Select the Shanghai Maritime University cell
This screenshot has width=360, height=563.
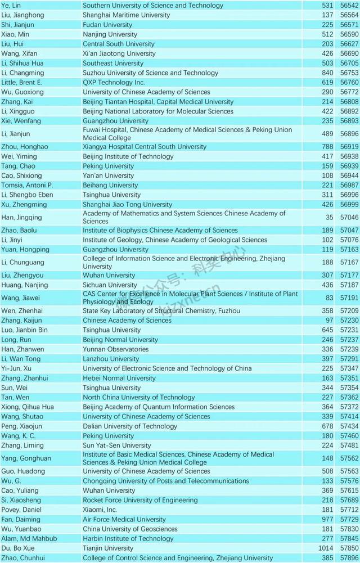[126, 15]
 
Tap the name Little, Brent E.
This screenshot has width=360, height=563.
[21, 82]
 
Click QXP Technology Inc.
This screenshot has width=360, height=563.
[114, 82]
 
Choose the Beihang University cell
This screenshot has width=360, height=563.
[110, 185]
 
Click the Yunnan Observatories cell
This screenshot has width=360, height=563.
[116, 349]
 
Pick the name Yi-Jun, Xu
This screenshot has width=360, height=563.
[16, 368]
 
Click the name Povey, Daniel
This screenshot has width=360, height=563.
[22, 510]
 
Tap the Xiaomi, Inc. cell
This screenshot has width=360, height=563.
[101, 510]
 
